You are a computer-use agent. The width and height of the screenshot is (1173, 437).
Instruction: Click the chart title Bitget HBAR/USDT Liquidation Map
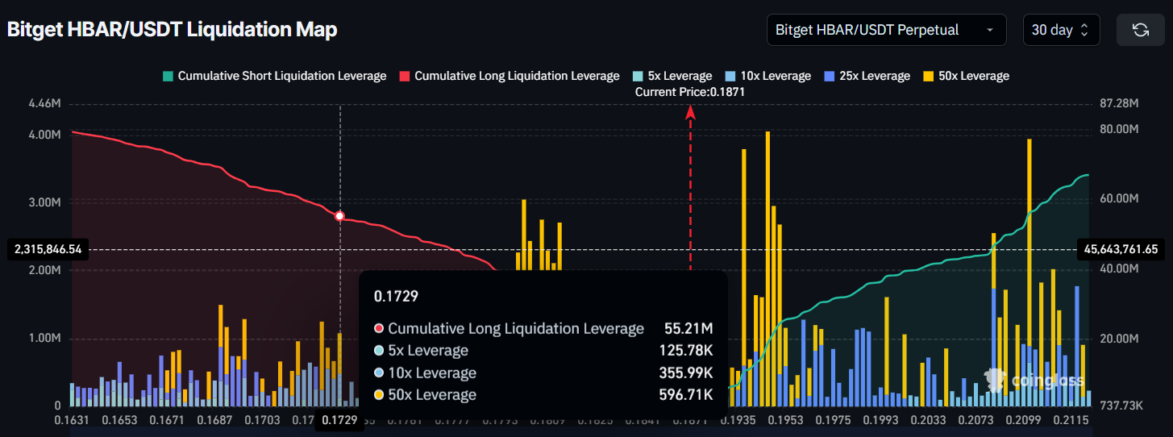point(172,30)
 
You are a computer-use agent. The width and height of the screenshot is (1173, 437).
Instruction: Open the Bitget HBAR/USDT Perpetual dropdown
point(886,30)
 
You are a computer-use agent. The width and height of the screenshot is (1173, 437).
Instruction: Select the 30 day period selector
point(1059,30)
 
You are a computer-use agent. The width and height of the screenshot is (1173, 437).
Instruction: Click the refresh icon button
point(1140,30)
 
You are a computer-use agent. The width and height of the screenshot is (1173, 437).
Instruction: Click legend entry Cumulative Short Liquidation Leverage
point(274,76)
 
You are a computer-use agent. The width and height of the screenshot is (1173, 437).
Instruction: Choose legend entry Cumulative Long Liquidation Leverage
point(510,76)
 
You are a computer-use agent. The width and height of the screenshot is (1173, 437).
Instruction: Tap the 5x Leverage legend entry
point(673,76)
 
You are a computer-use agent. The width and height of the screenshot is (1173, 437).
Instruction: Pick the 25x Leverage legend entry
point(867,76)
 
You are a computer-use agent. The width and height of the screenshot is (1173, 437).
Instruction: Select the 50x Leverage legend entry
point(967,76)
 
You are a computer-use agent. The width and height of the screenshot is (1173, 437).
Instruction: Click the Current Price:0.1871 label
point(689,92)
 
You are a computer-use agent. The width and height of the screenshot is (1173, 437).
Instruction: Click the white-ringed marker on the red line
point(339,216)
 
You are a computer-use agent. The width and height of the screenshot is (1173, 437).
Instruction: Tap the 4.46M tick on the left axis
point(44,104)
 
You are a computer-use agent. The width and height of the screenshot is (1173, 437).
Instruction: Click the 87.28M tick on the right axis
point(1118,104)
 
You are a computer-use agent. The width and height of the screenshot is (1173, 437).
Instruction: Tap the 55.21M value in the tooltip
point(688,328)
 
